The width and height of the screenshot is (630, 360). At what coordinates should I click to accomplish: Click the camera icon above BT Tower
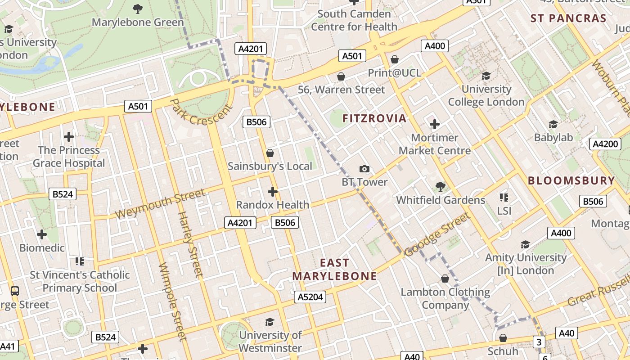tap(364, 169)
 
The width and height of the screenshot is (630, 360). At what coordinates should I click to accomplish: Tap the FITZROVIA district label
tap(374, 118)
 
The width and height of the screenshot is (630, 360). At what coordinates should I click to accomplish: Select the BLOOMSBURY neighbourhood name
tap(571, 181)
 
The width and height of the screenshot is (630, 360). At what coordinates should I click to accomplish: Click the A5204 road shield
tap(310, 297)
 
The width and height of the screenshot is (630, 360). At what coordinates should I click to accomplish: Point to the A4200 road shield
tap(605, 144)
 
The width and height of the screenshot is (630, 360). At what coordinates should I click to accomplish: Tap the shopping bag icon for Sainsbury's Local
tap(270, 153)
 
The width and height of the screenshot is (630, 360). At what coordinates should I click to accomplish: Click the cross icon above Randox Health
tap(272, 192)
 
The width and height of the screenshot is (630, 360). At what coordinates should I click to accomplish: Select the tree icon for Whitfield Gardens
tap(440, 186)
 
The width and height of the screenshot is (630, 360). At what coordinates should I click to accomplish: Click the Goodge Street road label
tap(437, 235)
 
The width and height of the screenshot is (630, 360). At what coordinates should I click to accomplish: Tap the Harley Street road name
tap(191, 243)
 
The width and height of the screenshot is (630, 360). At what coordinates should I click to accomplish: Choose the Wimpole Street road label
tap(172, 301)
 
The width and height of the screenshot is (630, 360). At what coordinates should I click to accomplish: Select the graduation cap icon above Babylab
tap(553, 124)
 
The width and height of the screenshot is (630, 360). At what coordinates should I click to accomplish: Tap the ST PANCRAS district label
tap(568, 18)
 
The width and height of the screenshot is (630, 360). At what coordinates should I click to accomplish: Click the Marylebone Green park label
tap(138, 22)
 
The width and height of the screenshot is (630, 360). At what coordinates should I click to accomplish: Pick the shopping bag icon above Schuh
tap(503, 338)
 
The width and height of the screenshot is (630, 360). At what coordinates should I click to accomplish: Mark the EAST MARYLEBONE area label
tap(334, 269)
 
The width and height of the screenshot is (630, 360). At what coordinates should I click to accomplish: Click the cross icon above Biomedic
tap(42, 234)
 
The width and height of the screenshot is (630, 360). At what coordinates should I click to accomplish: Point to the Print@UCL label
tap(395, 72)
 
